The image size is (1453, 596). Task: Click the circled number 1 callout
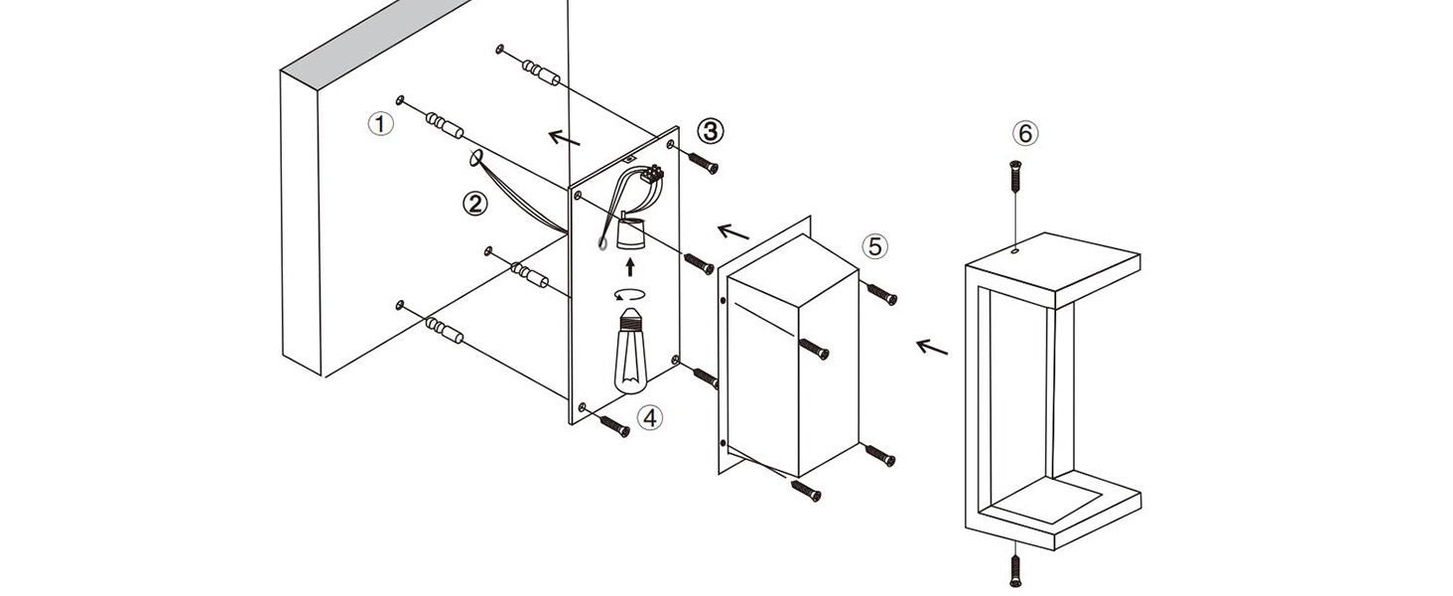pyautogui.click(x=381, y=123)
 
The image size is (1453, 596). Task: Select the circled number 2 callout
pyautogui.click(x=474, y=205)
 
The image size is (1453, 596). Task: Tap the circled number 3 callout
pyautogui.click(x=711, y=132)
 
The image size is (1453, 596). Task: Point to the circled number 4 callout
pyautogui.click(x=650, y=417)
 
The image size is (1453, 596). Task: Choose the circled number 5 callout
pyautogui.click(x=875, y=246)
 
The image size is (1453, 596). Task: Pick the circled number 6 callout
pyautogui.click(x=1025, y=134)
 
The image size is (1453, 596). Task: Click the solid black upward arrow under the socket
pyautogui.click(x=629, y=267)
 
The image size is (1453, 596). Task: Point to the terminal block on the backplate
pyautogui.click(x=652, y=174)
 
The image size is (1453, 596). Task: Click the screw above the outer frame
pyautogui.click(x=1014, y=176)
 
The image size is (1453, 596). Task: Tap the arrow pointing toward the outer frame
pyautogui.click(x=932, y=348)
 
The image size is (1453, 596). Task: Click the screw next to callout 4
pyautogui.click(x=614, y=425)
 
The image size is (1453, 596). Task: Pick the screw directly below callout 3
pyautogui.click(x=703, y=163)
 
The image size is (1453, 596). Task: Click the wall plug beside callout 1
pyautogui.click(x=445, y=126)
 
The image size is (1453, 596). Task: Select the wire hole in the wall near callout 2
pyautogui.click(x=476, y=159)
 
